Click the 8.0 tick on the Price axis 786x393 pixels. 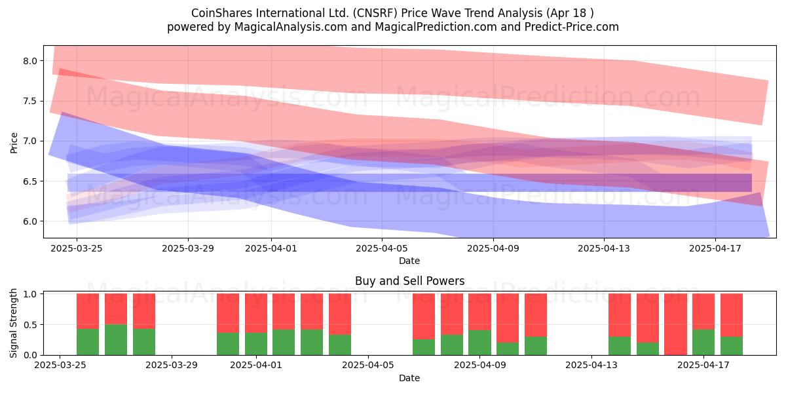tap(30, 61)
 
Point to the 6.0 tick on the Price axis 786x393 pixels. tap(30, 221)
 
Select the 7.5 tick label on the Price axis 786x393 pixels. tap(30, 101)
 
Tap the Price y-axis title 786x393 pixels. tap(14, 143)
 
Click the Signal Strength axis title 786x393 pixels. tap(13, 323)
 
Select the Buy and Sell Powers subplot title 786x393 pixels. tap(409, 281)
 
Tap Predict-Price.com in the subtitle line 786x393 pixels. tap(572, 27)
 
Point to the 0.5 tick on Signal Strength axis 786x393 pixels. tap(30, 325)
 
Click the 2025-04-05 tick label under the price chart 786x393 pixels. tap(382, 248)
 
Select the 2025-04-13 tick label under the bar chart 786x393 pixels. tap(591, 365)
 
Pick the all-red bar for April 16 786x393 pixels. tap(675, 324)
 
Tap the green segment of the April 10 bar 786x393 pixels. tap(508, 348)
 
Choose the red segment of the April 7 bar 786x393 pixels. tap(424, 316)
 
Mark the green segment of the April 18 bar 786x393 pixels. tap(732, 346)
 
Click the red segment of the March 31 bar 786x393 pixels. tap(228, 313)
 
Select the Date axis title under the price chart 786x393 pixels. tap(409, 261)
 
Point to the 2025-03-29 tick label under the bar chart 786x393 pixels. tap(172, 365)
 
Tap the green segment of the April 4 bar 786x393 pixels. tap(340, 345)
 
